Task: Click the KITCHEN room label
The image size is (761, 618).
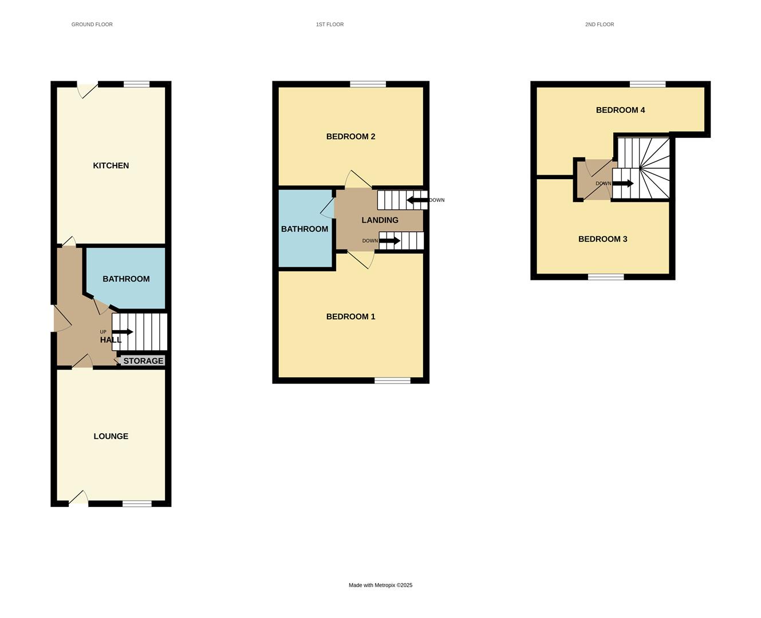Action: (x=111, y=165)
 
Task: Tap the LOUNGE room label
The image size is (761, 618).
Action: (x=111, y=436)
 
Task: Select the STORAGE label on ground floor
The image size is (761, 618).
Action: (x=143, y=361)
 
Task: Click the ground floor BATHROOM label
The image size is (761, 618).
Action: (x=126, y=279)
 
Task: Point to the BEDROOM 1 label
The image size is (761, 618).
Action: (x=350, y=316)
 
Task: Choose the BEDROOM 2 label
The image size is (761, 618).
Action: (x=350, y=136)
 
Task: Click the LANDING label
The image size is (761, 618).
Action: (x=380, y=220)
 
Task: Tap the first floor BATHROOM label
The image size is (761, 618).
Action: (x=304, y=229)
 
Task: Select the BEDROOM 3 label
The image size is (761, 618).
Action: (x=602, y=239)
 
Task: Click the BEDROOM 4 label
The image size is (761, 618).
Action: (x=620, y=110)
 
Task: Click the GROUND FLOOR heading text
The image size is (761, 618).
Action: (x=92, y=25)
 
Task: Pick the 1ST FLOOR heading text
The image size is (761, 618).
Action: (x=330, y=25)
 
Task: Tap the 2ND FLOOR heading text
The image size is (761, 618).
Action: (x=599, y=25)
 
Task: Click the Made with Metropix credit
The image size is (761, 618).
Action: (x=380, y=585)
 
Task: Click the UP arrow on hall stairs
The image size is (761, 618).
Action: (x=123, y=332)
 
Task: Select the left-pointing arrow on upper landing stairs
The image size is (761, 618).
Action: (x=417, y=200)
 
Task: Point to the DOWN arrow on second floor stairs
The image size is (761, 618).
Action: (x=623, y=184)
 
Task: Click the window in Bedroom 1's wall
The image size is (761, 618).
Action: (x=392, y=381)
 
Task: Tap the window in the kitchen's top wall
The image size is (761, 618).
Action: (x=136, y=84)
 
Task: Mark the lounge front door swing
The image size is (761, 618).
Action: (x=79, y=498)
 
